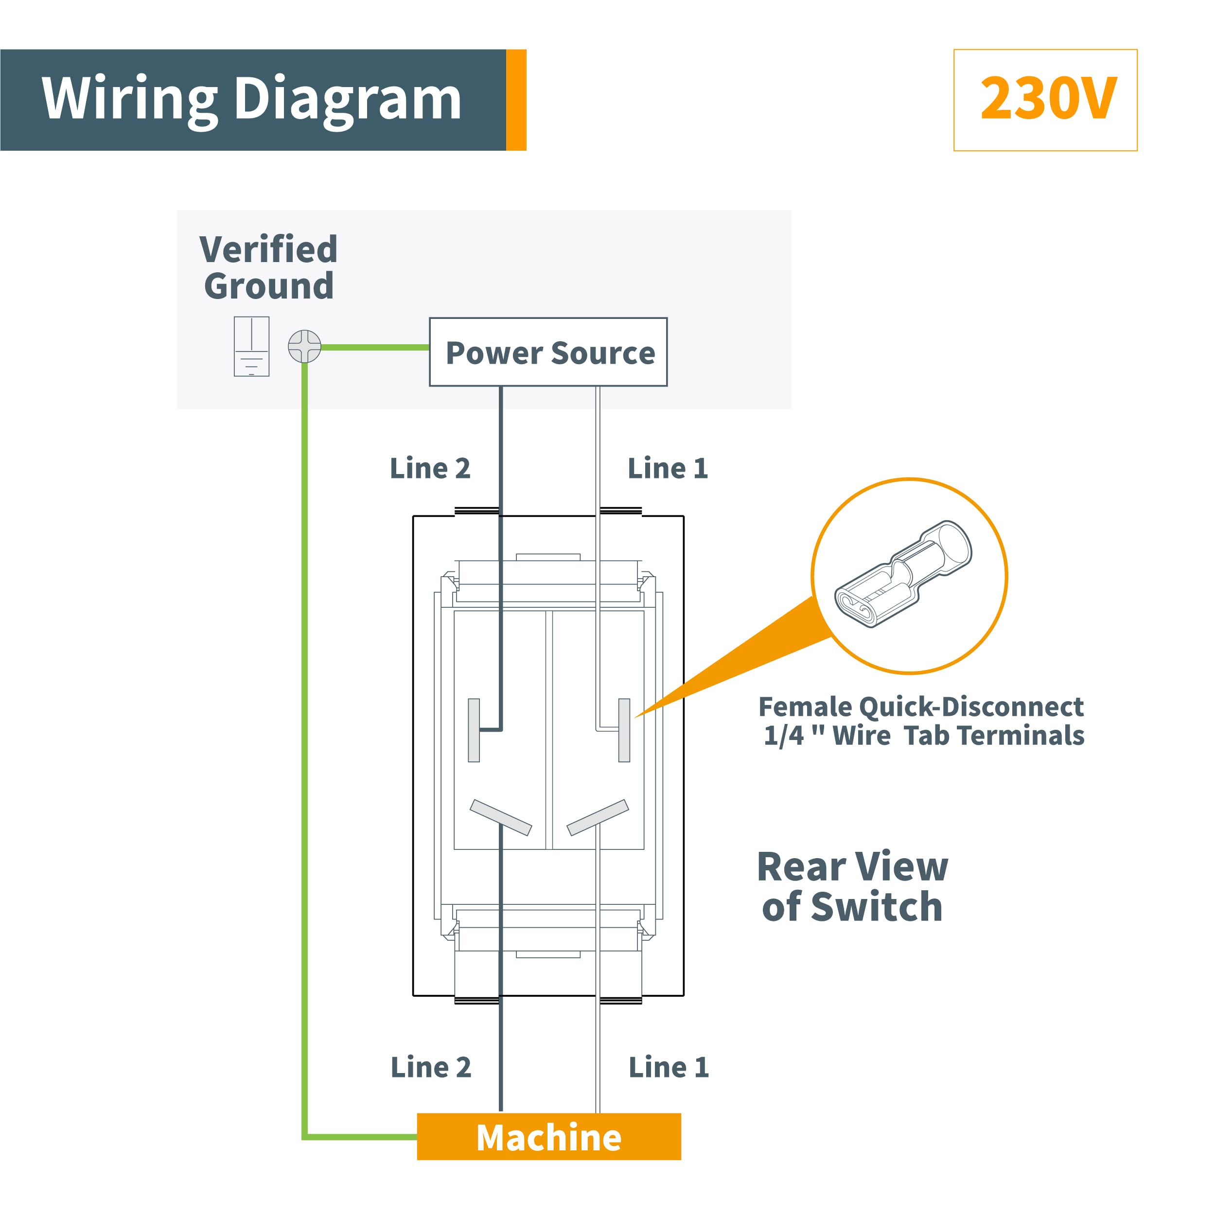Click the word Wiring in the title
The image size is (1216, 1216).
[129, 100]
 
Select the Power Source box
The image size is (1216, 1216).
[548, 352]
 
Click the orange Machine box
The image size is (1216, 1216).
[549, 1137]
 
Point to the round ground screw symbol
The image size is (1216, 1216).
[305, 346]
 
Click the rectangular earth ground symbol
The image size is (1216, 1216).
[252, 346]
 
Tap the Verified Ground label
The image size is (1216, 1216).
[269, 267]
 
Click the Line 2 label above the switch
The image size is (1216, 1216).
[430, 468]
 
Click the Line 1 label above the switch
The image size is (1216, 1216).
[668, 468]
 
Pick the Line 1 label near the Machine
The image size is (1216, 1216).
[669, 1067]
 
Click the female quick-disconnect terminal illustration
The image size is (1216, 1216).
[903, 574]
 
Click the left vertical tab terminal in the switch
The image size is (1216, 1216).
[474, 730]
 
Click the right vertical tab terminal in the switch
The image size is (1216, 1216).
[624, 730]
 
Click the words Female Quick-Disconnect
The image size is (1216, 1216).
[921, 707]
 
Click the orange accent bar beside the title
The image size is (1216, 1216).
[516, 100]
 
